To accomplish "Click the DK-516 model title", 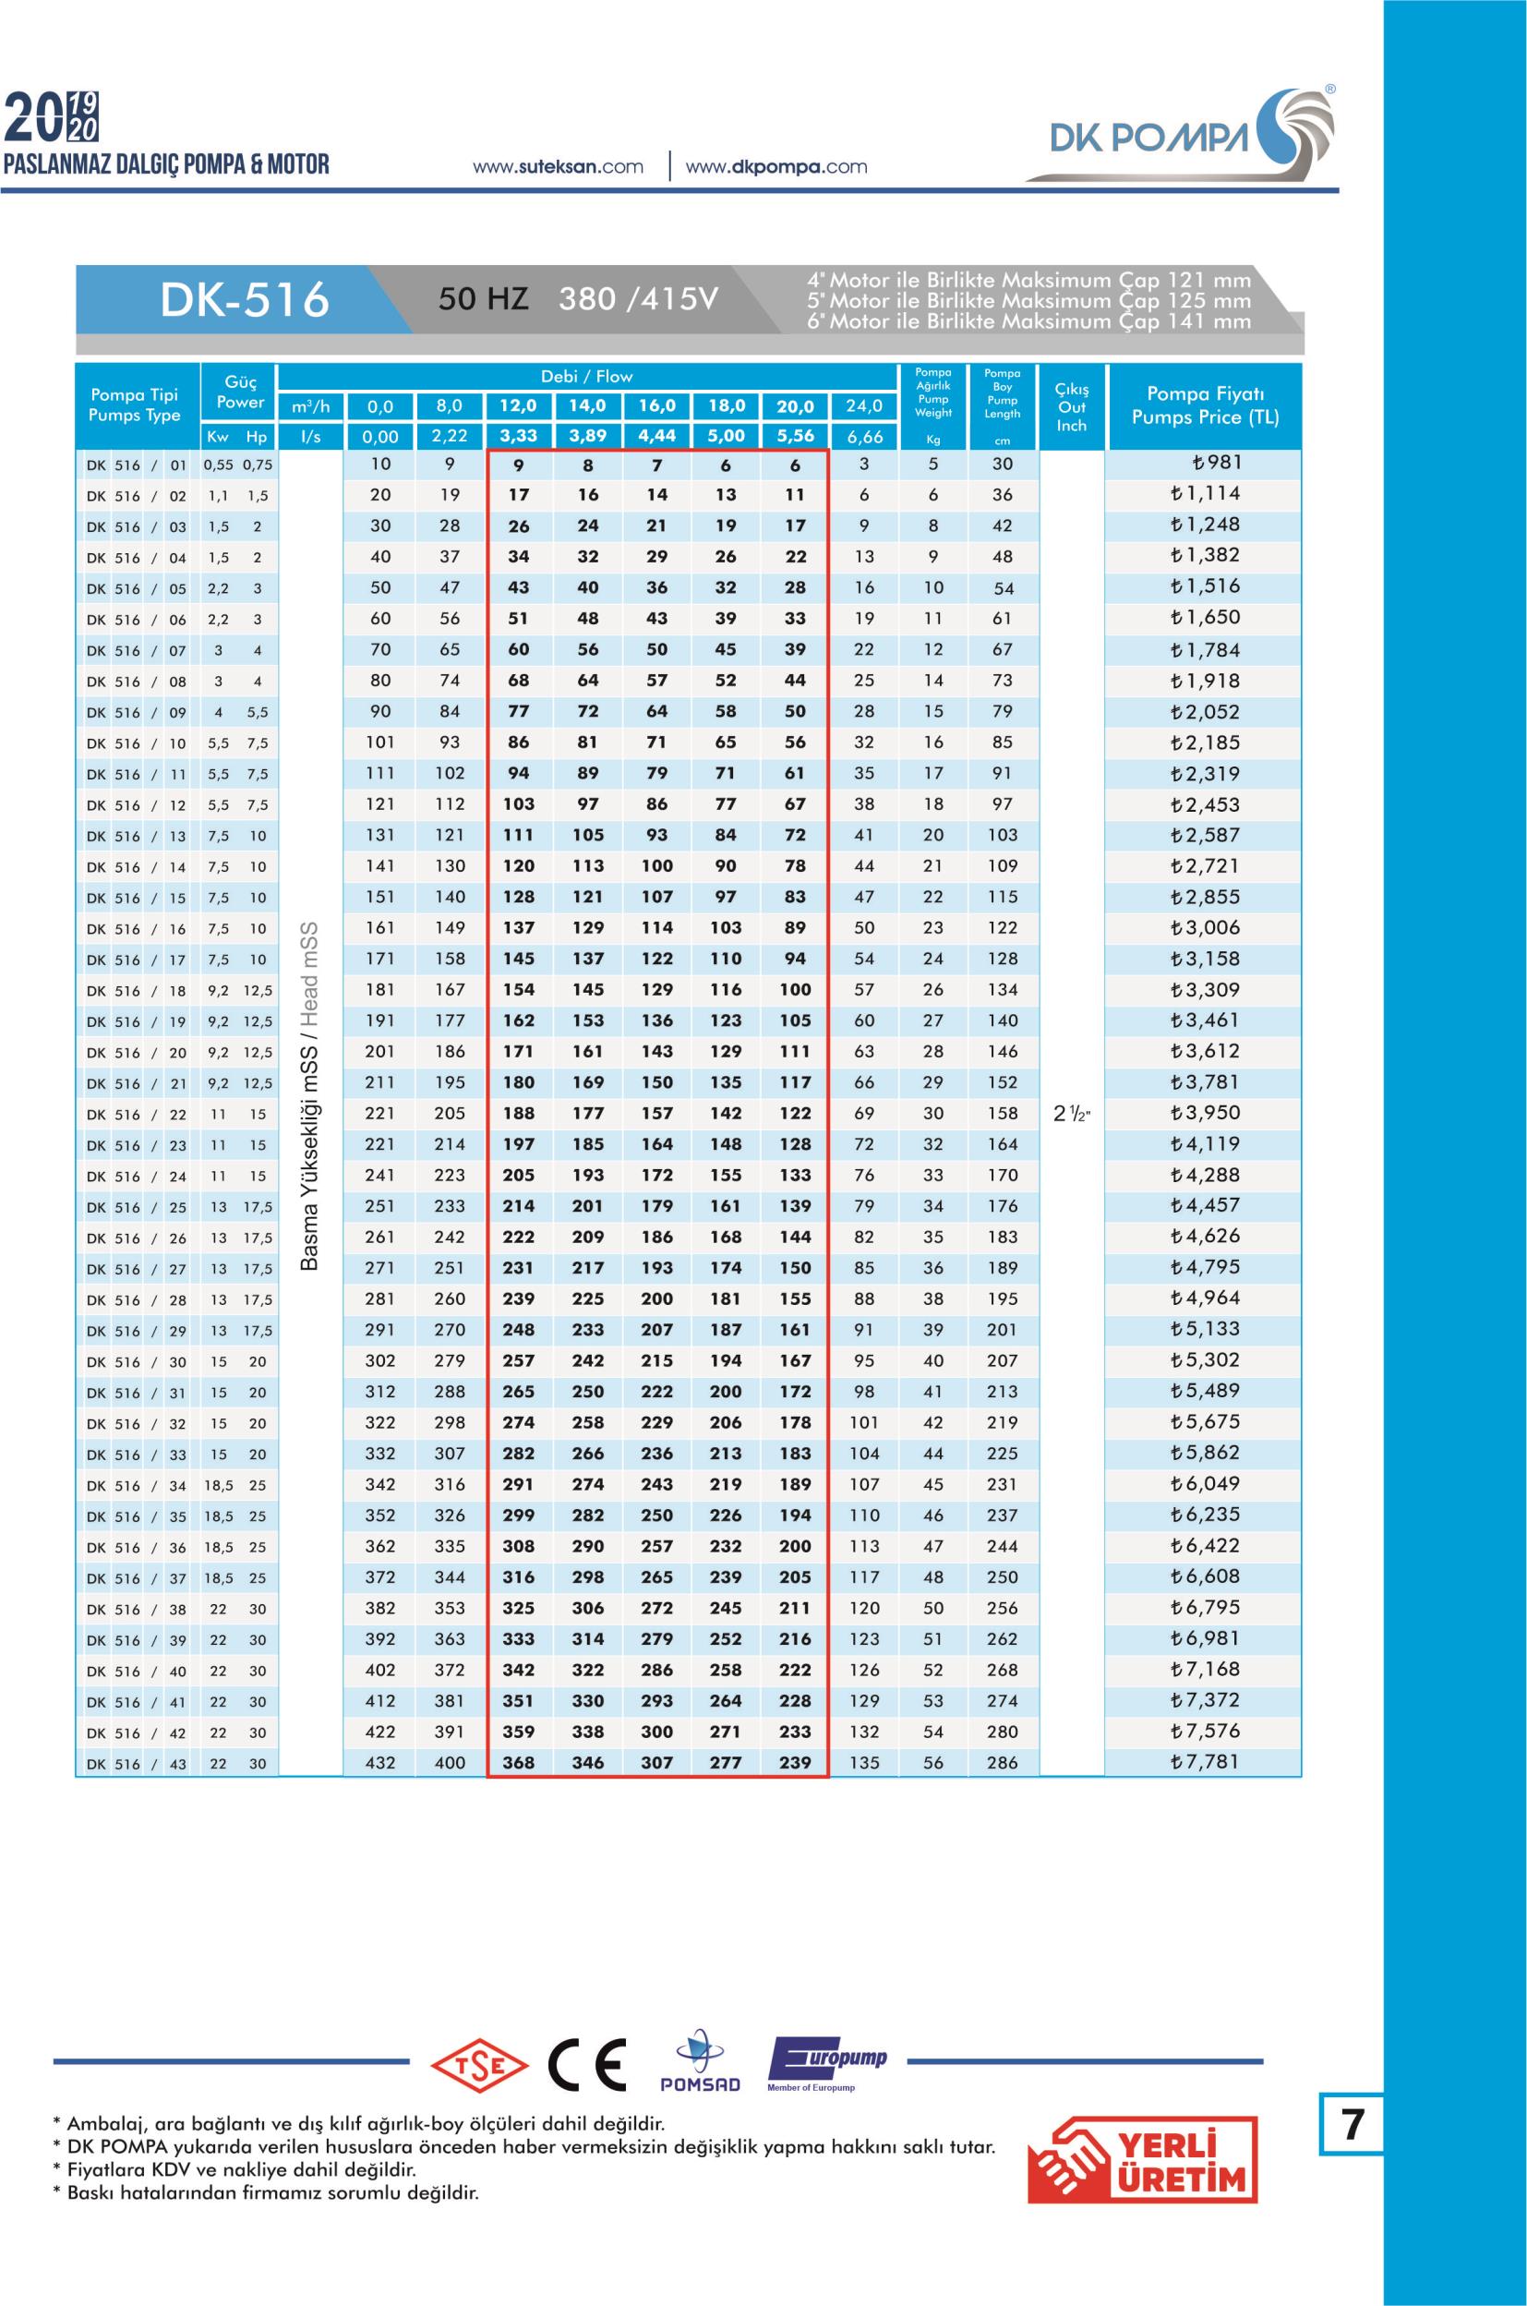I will pyautogui.click(x=245, y=300).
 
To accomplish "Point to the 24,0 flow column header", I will pyautogui.click(x=864, y=406).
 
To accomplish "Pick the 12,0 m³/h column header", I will pyautogui.click(x=518, y=406).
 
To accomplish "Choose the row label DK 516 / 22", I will pyautogui.click(x=137, y=1115).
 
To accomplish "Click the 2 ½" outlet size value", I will pyautogui.click(x=1071, y=1115).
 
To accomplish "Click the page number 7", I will pyautogui.click(x=1352, y=2125).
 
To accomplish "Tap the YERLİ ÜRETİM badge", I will pyautogui.click(x=1143, y=2160).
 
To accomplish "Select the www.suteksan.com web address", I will pyautogui.click(x=558, y=166).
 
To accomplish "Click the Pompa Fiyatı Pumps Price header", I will pyautogui.click(x=1205, y=406).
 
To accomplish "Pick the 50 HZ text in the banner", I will pyautogui.click(x=483, y=299).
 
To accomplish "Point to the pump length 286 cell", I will pyautogui.click(x=1002, y=1762).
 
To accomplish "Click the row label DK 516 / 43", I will pyautogui.click(x=137, y=1764).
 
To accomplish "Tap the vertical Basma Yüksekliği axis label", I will pyautogui.click(x=309, y=1096).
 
